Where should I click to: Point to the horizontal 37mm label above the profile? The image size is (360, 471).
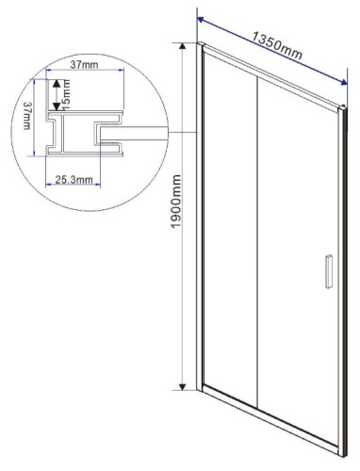[x=78, y=66]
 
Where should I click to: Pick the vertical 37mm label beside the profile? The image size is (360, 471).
[x=28, y=118]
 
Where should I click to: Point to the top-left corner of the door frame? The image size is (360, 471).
[x=201, y=43]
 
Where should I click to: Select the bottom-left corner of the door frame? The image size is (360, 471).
[x=201, y=387]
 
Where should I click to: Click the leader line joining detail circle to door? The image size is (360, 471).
[x=180, y=132]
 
